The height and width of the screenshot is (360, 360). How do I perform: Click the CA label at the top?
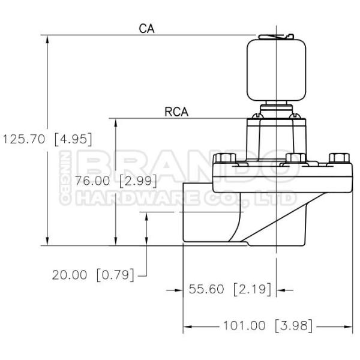(x=146, y=29)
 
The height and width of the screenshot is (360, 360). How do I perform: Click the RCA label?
(x=176, y=112)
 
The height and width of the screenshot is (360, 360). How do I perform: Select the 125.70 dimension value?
(x=23, y=139)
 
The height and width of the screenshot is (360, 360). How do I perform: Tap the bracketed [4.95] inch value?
(x=73, y=139)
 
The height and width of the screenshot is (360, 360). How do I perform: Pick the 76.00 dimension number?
(x=92, y=181)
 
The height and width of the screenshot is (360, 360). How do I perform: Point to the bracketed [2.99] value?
(x=138, y=181)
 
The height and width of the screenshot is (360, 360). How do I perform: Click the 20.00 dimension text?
(x=70, y=275)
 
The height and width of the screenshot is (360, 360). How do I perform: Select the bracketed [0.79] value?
(x=115, y=275)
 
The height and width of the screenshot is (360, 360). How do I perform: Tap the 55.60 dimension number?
(x=206, y=289)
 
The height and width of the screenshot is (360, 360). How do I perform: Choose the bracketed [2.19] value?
(x=252, y=289)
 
